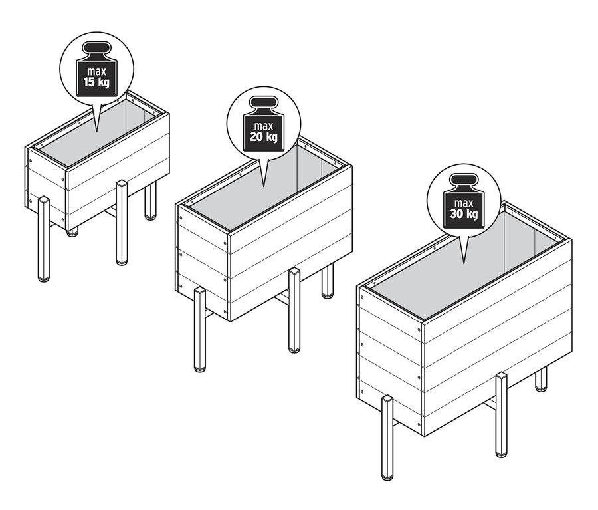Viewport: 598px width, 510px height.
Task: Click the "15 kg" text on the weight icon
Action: (x=96, y=82)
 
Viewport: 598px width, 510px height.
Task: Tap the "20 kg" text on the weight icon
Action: (x=264, y=137)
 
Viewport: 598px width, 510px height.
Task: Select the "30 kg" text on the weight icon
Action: (x=464, y=213)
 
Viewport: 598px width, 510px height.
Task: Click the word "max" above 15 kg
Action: (x=96, y=71)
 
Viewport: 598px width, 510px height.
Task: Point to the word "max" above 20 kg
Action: (x=264, y=126)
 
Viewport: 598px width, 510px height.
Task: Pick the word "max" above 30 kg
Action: (x=464, y=203)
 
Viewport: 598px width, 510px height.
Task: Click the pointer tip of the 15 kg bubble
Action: (x=96, y=132)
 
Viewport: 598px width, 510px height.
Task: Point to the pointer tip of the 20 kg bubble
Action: (x=264, y=186)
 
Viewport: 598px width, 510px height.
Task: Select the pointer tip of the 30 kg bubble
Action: (x=464, y=264)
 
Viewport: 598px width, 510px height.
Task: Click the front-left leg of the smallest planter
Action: (x=44, y=239)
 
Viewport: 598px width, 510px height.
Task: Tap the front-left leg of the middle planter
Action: (x=199, y=330)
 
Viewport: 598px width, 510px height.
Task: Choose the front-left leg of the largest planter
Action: (x=387, y=438)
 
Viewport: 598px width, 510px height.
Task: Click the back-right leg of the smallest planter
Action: (x=151, y=201)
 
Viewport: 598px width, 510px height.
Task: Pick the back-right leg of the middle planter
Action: (x=327, y=281)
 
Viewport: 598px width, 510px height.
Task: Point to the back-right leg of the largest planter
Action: (x=541, y=379)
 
